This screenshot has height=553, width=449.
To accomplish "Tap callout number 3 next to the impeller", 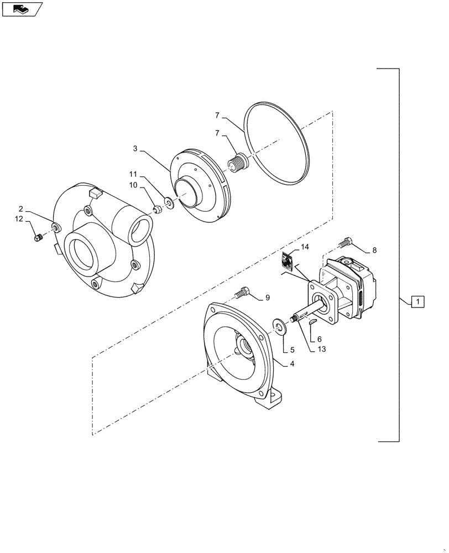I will tap(134, 149).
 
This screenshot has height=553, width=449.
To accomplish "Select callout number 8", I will tap(374, 250).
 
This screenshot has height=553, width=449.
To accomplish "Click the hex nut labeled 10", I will tap(156, 208).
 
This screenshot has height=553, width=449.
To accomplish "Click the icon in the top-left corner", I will tap(22, 9).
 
